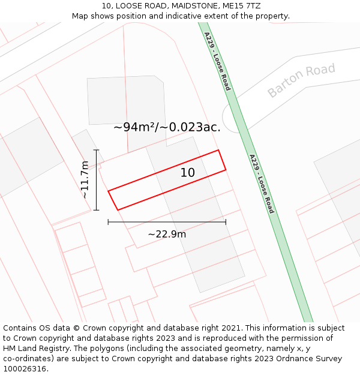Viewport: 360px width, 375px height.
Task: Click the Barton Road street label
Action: coord(301,80)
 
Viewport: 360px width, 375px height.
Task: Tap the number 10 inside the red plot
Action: coord(188,173)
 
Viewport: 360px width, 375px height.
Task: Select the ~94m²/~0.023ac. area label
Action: coord(167,127)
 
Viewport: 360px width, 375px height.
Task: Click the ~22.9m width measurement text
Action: coord(167,234)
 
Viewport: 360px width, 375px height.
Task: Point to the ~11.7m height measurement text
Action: coord(85,179)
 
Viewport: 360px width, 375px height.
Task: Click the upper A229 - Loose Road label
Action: coord(217,62)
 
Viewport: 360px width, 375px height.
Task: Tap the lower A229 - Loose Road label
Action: coord(262,184)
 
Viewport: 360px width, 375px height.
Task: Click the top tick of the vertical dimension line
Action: coord(96,150)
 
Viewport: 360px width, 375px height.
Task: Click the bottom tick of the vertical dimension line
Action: coord(96,210)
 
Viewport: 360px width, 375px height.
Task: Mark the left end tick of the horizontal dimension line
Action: coord(108,222)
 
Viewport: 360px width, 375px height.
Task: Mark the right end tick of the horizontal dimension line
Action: coord(226,222)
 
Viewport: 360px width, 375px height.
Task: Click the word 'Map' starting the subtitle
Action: coord(80,16)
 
